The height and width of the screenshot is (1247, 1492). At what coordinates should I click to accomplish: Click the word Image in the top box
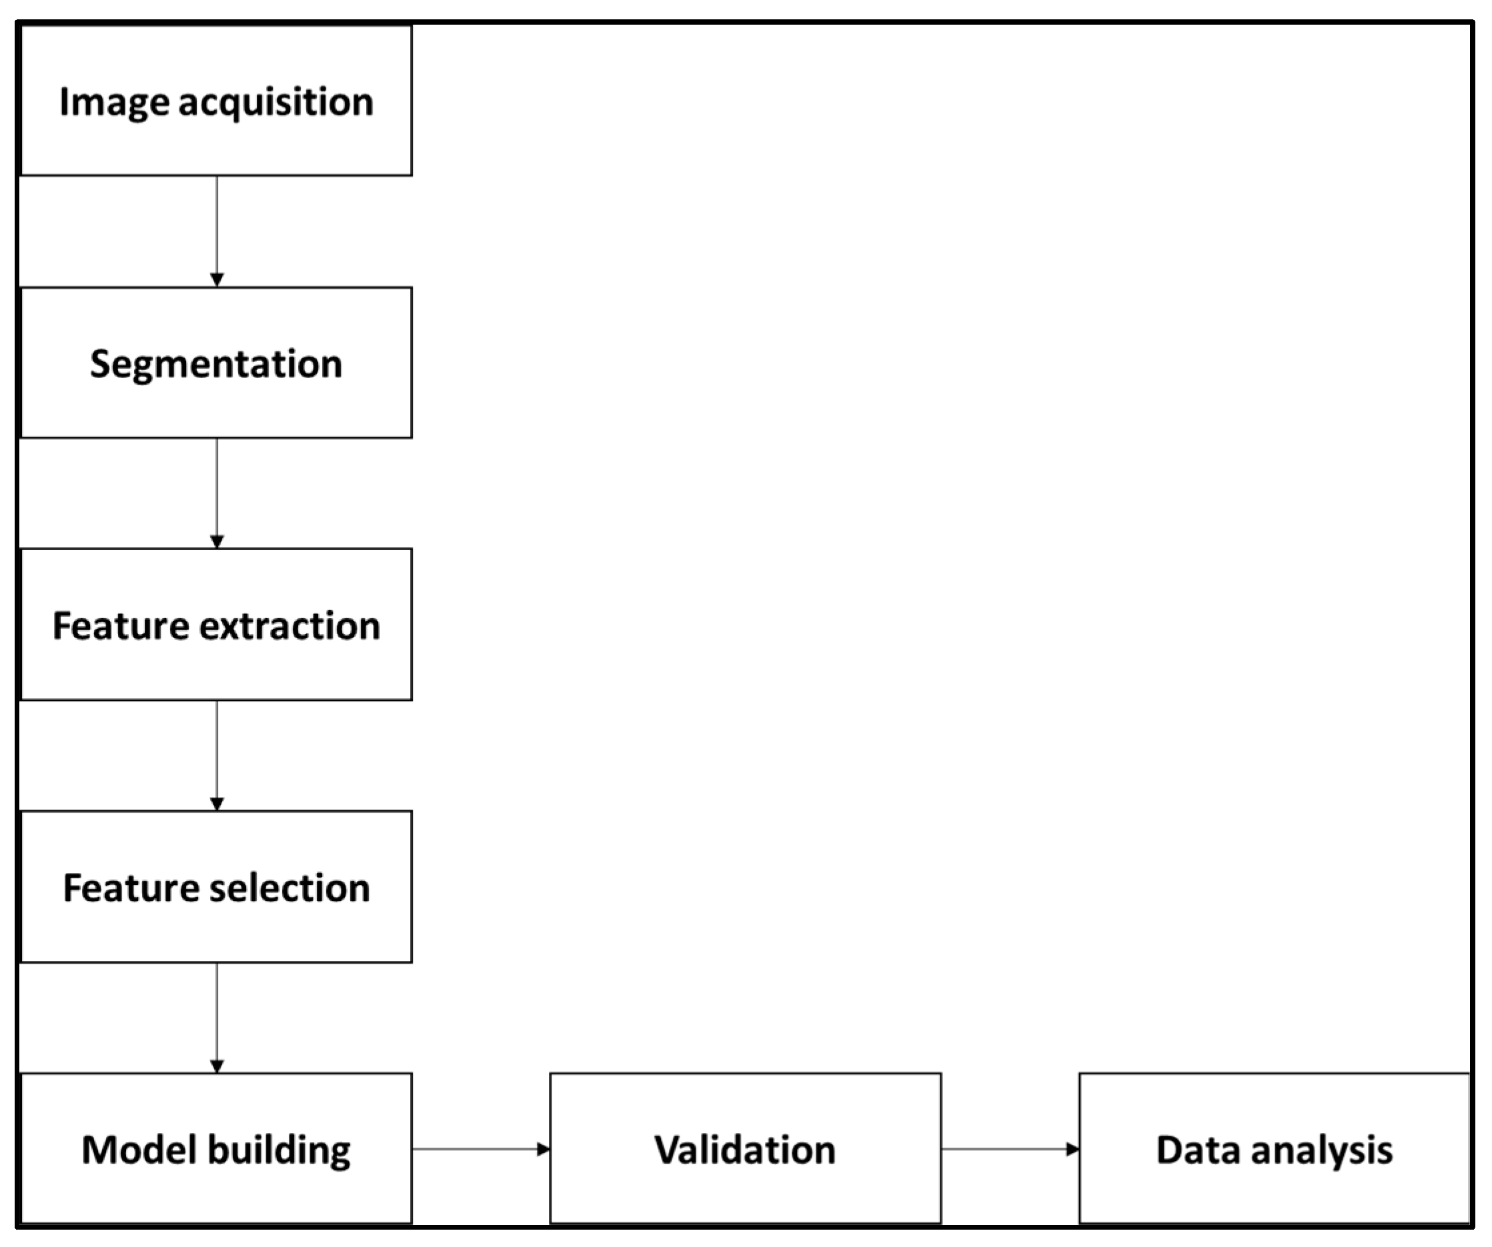coord(115,102)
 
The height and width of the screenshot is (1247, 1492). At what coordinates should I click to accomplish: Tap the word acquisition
coord(275,102)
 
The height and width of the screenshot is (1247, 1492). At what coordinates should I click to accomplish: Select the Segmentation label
coord(216,364)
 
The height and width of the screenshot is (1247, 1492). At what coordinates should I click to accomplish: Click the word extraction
coord(290,626)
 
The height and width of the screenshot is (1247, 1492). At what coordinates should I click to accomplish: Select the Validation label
coord(744,1150)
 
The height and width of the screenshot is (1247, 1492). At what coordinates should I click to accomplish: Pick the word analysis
coord(1321,1151)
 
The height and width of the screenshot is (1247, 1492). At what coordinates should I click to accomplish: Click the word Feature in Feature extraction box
coord(121,626)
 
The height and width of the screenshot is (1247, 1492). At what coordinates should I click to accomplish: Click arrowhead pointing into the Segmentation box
coord(217,280)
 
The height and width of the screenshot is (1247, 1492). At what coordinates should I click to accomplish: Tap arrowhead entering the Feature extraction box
coord(217,541)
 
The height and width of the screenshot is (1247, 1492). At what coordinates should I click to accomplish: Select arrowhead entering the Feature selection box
coord(217,804)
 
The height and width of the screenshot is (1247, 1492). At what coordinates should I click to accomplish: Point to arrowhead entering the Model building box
coord(217,1066)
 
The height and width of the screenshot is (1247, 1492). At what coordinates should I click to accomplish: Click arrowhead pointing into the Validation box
coord(544,1149)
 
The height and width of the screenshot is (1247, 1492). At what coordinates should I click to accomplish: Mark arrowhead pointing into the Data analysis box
coord(1073,1149)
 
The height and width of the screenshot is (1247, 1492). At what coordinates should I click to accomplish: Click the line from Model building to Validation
coord(476,1149)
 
